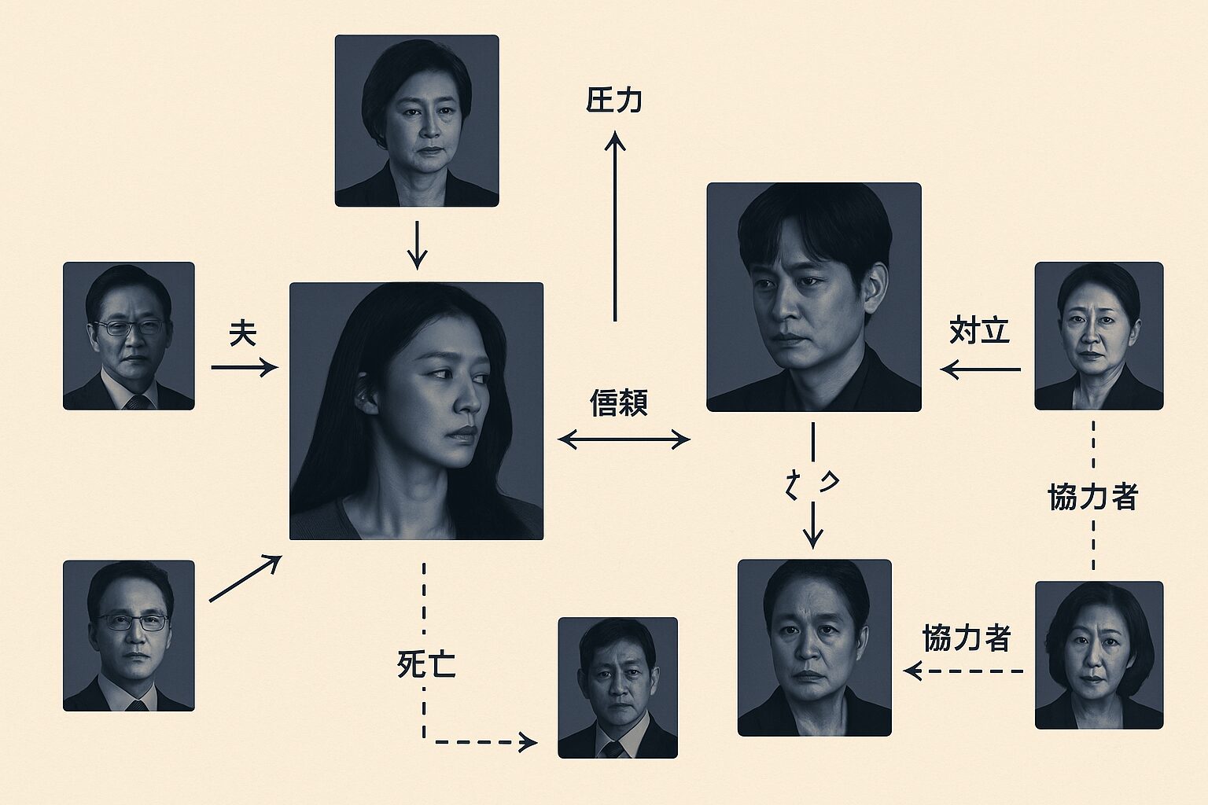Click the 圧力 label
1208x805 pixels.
click(x=614, y=101)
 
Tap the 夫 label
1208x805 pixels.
click(x=243, y=334)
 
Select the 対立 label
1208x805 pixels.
click(x=979, y=331)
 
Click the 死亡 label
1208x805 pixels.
click(x=426, y=665)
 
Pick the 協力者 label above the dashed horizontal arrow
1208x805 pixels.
click(x=967, y=638)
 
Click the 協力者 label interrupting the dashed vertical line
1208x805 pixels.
click(x=1093, y=497)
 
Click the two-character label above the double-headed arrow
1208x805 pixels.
click(x=619, y=404)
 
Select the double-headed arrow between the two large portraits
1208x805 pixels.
click(x=623, y=439)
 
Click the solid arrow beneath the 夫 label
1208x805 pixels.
click(x=244, y=367)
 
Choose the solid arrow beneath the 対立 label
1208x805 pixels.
click(x=981, y=369)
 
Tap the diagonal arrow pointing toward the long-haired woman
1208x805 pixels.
click(x=245, y=579)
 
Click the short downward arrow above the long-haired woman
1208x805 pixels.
click(x=417, y=244)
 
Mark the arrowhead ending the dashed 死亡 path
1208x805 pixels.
click(x=528, y=741)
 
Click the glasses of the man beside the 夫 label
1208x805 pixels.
click(x=130, y=328)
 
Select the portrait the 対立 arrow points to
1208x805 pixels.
click(x=813, y=297)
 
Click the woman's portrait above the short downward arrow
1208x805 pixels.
click(x=417, y=120)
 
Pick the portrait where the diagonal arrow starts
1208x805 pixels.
click(x=129, y=635)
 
